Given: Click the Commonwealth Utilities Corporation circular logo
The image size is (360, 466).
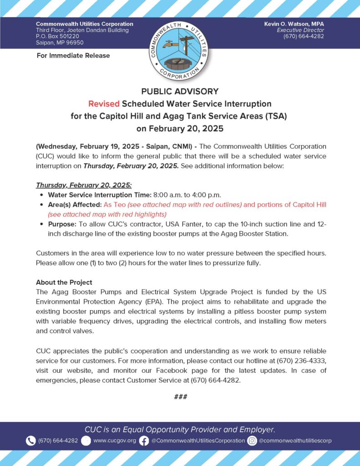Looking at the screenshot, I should click(179, 50).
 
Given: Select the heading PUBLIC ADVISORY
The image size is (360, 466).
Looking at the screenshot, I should click(180, 91).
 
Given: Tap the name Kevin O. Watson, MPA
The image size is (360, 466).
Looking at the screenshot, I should click(294, 24).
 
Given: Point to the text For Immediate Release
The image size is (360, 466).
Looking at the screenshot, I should click(73, 56).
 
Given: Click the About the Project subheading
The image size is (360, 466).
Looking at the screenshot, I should click(64, 282).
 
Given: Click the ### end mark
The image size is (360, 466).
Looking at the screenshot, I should click(180, 397).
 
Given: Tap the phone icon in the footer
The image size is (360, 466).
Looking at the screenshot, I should click(30, 441).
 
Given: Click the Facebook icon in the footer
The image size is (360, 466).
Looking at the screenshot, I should click(144, 441).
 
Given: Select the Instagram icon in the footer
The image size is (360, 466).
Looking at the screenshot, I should click(252, 441).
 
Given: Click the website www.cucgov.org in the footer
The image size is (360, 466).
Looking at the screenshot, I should click(114, 441).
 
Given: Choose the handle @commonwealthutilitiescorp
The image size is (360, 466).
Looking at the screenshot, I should click(295, 441).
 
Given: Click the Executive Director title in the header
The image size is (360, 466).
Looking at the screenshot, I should click(303, 30).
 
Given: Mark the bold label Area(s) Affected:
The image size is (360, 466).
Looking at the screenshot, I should click(75, 205).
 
